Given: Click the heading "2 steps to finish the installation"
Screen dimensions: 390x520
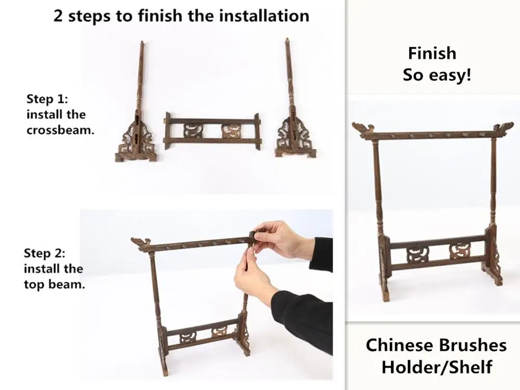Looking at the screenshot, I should pos(181,15).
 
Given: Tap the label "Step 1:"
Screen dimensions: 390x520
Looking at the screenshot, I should pos(47,99).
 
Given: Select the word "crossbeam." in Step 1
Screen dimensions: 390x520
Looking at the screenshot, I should pos(60,130).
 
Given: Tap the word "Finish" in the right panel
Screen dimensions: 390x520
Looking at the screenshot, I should pos(432,53).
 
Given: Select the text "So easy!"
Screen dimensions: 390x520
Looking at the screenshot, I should pos(437,74).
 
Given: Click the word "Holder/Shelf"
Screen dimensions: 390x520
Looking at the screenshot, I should pos(436,367).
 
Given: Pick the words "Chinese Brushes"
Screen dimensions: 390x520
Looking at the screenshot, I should pos(436,345).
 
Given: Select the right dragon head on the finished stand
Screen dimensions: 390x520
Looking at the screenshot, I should pos(503,127).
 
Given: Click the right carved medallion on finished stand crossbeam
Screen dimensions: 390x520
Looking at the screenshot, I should pos(460,251).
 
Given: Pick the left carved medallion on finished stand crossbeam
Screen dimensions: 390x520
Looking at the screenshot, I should pos(415,254).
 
